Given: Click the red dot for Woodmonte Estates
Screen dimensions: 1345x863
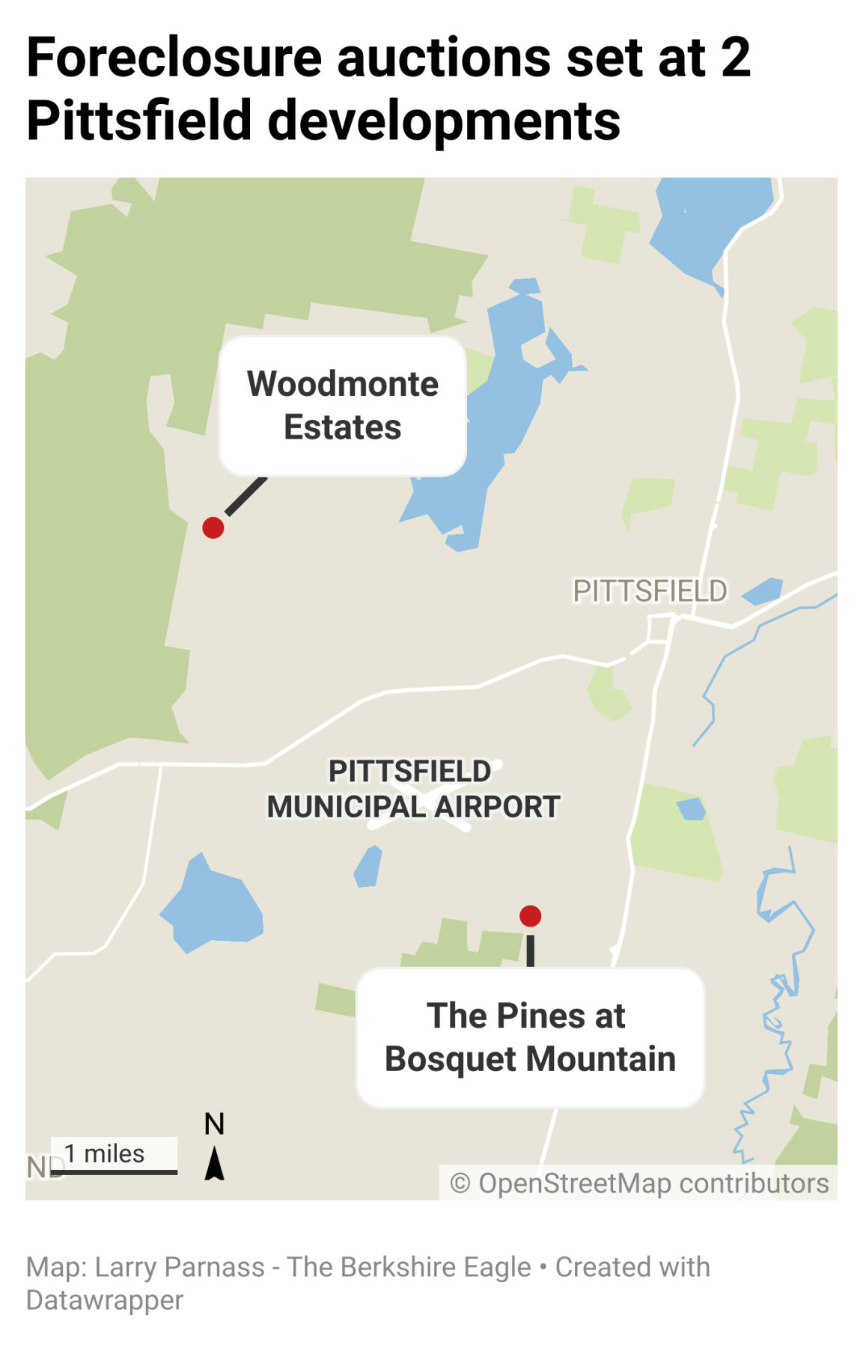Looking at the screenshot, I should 213,528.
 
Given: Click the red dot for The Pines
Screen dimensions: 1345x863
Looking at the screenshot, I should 530,915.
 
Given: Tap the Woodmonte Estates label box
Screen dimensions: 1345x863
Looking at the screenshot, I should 343,406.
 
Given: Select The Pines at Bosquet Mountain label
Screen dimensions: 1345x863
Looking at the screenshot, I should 530,1037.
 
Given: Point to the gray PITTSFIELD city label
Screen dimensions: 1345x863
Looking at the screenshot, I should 650,591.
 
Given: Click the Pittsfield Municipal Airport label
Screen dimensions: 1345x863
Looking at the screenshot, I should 412,790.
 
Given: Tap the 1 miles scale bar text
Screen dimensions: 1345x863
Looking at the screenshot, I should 104,1153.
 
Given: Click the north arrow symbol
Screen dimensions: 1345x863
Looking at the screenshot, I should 215,1164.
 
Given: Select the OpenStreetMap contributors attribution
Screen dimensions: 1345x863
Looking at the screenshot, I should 639,1183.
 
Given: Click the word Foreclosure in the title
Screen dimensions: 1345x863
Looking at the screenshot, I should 174,58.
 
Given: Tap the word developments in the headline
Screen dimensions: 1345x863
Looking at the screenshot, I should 444,121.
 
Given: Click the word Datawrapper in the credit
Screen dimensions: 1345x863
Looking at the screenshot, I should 105,1300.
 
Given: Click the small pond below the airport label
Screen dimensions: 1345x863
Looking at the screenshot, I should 368,867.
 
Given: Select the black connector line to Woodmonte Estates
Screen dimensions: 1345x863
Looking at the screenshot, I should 246,496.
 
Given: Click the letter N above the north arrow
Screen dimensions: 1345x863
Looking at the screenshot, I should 215,1124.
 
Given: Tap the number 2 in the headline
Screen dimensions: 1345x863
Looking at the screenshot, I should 736,58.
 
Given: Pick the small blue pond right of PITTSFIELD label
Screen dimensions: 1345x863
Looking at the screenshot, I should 763,591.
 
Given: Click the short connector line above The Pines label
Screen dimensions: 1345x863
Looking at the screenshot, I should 531,950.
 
